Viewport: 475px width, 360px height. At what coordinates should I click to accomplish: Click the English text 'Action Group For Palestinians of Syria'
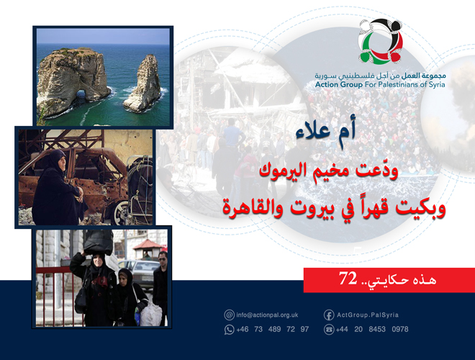tap(380, 84)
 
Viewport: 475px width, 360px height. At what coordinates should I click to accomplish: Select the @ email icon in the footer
tap(230, 315)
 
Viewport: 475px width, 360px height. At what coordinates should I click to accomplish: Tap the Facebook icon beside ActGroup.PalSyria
tap(329, 315)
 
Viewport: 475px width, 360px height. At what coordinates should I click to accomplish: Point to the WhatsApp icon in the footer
tap(230, 329)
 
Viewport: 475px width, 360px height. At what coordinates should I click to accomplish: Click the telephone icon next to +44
tap(329, 329)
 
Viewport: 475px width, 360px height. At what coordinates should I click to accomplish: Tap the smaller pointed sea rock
tap(142, 84)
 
